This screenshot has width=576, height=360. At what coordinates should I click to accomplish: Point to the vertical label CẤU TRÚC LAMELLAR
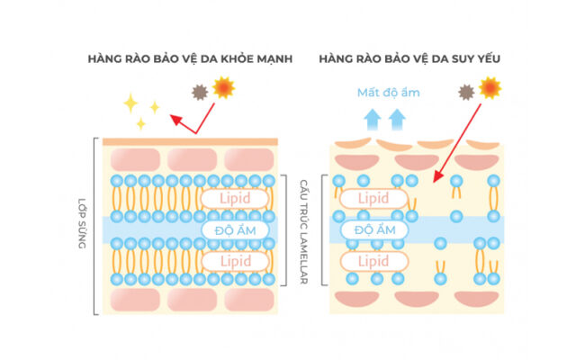pyautogui.click(x=305, y=230)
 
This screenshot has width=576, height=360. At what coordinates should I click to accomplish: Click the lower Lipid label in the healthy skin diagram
pyautogui.click(x=233, y=261)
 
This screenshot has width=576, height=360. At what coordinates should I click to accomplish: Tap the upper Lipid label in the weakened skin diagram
pyautogui.click(x=373, y=198)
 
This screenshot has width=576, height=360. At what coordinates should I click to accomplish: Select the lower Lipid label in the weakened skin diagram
pyautogui.click(x=373, y=261)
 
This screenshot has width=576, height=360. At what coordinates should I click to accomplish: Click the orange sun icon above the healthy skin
pyautogui.click(x=222, y=88)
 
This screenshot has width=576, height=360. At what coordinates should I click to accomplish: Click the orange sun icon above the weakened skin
pyautogui.click(x=490, y=87)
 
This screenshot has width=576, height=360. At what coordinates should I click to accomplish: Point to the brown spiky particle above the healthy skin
pyautogui.click(x=198, y=92)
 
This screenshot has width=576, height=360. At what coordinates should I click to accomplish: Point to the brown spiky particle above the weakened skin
pyautogui.click(x=466, y=92)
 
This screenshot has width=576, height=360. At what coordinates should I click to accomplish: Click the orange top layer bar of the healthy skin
pyautogui.click(x=190, y=141)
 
